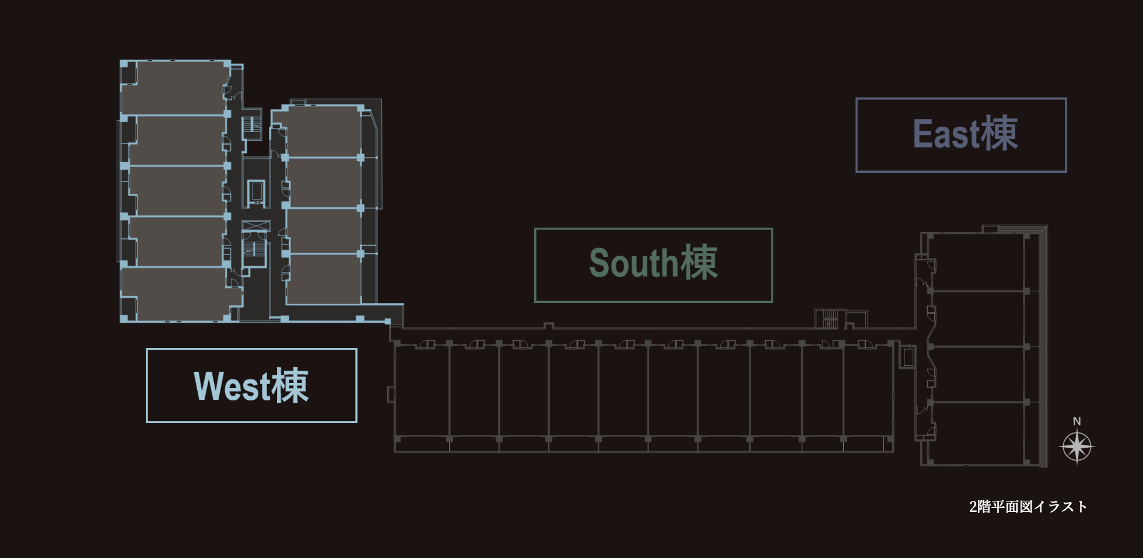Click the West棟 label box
pyautogui.click(x=251, y=385)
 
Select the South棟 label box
pyautogui.click(x=654, y=265)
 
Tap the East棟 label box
pyautogui.click(x=961, y=135)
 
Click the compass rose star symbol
pyautogui.click(x=1077, y=447)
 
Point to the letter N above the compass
pyautogui.click(x=1077, y=421)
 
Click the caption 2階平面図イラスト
pyautogui.click(x=1028, y=507)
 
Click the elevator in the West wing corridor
pyautogui.click(x=256, y=192)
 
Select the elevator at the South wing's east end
pyautogui.click(x=907, y=356)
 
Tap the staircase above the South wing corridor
pyautogui.click(x=829, y=319)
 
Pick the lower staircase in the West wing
pyautogui.click(x=255, y=249)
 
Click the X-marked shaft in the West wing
pyautogui.click(x=256, y=226)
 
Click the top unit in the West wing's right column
pyautogui.click(x=322, y=132)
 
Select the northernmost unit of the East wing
pyautogui.click(x=977, y=263)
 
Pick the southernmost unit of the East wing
pyautogui.click(x=977, y=433)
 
